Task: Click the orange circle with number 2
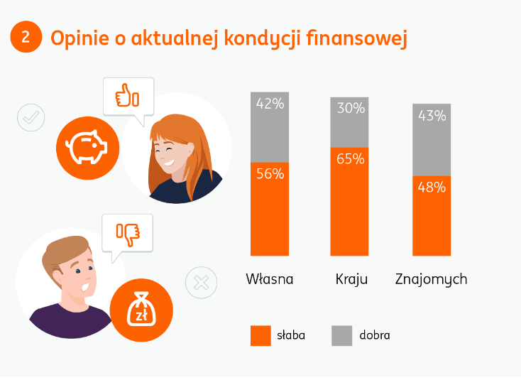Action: coord(26,37)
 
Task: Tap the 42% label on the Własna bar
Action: coord(270,104)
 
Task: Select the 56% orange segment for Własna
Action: coord(270,209)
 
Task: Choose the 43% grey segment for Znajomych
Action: coord(432,139)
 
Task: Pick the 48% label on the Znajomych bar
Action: coord(432,188)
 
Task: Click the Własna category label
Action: coord(270,279)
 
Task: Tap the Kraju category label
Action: coord(351,279)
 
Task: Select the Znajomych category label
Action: coord(432,279)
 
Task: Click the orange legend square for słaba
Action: coord(260,335)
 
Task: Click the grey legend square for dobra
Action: coord(342,335)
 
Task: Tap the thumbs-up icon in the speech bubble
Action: coord(128,95)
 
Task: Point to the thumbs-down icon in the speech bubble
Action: coord(128,232)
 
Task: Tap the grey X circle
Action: coord(200,283)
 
